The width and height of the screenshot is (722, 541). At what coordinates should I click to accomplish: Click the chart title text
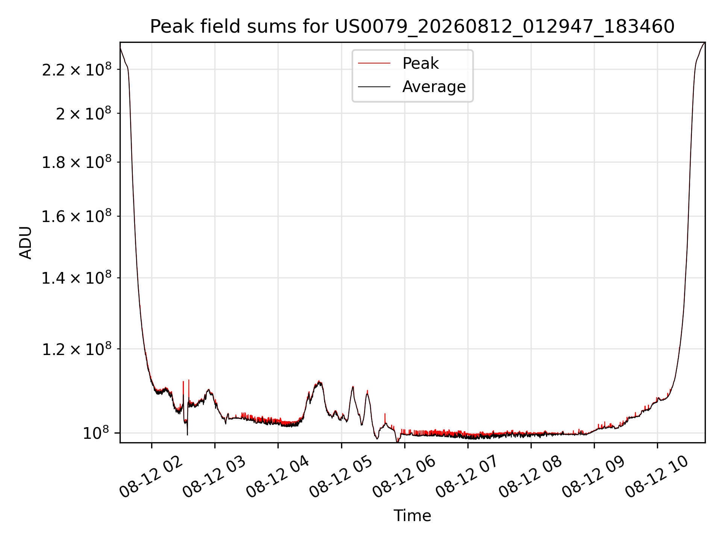pos(412,27)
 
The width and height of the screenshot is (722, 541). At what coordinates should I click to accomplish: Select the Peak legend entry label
pos(420,63)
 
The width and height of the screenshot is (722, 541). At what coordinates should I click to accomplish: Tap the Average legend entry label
pos(434,87)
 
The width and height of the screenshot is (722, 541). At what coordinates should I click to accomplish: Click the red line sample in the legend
pos(374,63)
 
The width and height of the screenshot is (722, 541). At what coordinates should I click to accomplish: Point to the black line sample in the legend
pos(374,87)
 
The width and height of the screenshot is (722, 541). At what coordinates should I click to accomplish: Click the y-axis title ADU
pos(26,243)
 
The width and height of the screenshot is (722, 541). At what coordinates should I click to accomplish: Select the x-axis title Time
pos(412,516)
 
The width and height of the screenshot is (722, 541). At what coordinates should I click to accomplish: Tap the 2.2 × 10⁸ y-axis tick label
pos(77,69)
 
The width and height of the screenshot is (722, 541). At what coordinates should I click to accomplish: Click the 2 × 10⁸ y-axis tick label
pos(84,113)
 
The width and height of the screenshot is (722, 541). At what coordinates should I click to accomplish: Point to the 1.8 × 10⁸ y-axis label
pos(77,162)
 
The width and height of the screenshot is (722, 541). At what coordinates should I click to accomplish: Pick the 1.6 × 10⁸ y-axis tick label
pos(77,216)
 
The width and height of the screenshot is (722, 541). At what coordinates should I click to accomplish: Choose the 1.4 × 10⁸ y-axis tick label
pos(77,278)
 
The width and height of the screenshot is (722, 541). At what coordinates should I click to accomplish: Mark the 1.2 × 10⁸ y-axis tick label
pos(77,349)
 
